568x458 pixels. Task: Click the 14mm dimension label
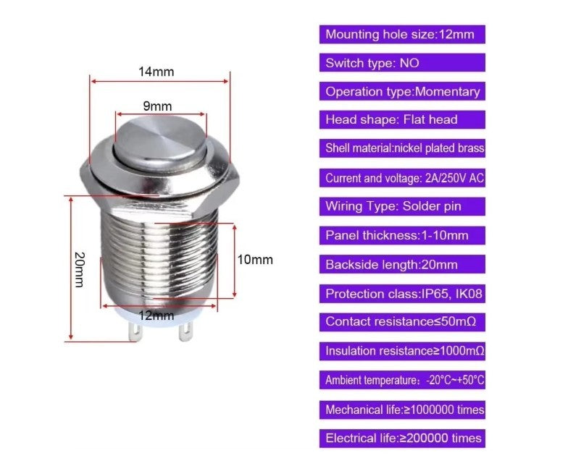click(x=156, y=72)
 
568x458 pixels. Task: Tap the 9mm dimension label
click(x=157, y=106)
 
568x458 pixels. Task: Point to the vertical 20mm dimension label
click(x=80, y=269)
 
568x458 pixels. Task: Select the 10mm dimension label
click(x=255, y=259)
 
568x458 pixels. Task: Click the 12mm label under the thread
click(x=156, y=315)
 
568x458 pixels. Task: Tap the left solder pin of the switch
click(x=135, y=332)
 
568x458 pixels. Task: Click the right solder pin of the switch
click(x=185, y=332)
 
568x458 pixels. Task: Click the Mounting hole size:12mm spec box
click(x=402, y=35)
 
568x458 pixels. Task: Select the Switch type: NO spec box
click(x=402, y=63)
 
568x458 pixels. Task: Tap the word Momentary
click(x=448, y=91)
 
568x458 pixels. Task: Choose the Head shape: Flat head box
click(x=402, y=120)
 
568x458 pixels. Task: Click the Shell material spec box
click(x=402, y=148)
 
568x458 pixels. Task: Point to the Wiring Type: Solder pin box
click(x=402, y=207)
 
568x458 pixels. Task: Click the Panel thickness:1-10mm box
click(x=402, y=236)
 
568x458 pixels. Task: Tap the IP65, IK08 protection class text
click(x=452, y=294)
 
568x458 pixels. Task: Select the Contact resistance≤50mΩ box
click(x=402, y=322)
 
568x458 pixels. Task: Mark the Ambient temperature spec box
click(x=402, y=380)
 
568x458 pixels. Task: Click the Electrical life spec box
click(x=402, y=438)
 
